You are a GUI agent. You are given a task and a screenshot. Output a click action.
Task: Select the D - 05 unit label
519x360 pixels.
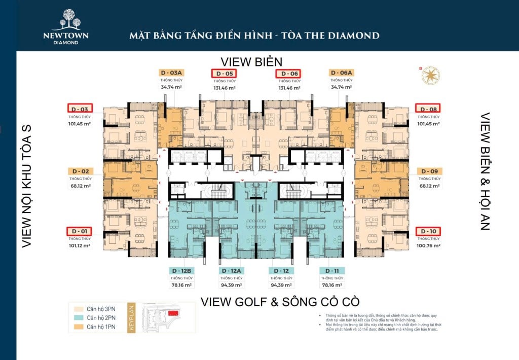pyautogui.click(x=224, y=74)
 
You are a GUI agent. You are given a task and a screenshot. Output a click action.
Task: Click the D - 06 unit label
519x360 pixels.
pyautogui.click(x=288, y=74)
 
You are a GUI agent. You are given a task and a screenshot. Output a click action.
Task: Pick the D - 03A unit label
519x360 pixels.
pyautogui.click(x=171, y=73)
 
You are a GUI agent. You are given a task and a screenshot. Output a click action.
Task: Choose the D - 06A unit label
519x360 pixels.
pyautogui.click(x=341, y=73)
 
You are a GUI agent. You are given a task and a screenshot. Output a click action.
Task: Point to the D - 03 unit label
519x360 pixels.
pyautogui.click(x=80, y=109)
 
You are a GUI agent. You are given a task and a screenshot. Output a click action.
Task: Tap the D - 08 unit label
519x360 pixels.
pyautogui.click(x=428, y=109)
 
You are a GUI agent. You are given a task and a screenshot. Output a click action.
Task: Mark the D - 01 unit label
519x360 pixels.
pyautogui.click(x=80, y=231)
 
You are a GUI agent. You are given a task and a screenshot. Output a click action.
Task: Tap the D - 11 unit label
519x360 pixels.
pyautogui.click(x=331, y=271)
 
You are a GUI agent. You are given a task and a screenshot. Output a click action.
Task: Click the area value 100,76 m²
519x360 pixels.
pyautogui.click(x=429, y=245)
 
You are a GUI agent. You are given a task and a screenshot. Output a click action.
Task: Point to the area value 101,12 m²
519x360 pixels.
pyautogui.click(x=80, y=245)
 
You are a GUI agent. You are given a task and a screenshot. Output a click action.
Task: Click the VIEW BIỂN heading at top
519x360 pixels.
pyautogui.click(x=251, y=62)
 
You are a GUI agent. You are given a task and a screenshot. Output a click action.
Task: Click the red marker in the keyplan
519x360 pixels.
pyautogui.click(x=173, y=313)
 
